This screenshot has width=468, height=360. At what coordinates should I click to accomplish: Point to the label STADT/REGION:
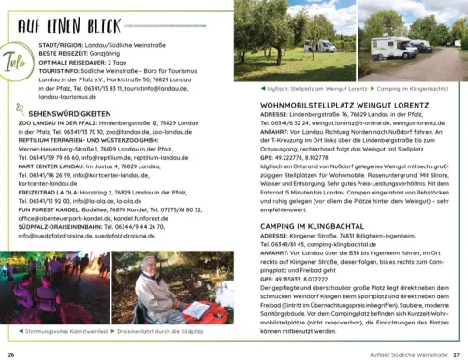point(58,44)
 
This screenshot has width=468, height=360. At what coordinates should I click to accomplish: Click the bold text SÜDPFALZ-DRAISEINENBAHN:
point(59,225)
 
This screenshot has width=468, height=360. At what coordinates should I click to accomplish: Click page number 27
point(456,354)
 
